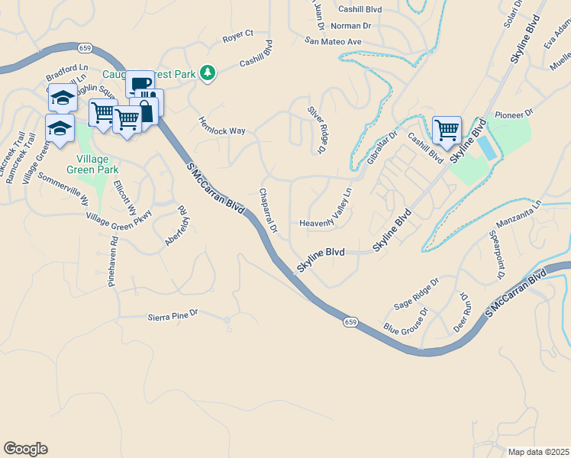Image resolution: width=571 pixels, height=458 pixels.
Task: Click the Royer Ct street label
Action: click(x=237, y=35)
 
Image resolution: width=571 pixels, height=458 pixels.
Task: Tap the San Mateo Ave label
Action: click(x=333, y=41)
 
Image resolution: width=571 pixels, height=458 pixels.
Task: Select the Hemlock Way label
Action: click(x=222, y=126)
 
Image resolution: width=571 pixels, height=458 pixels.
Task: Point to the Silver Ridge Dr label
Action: click(x=316, y=125)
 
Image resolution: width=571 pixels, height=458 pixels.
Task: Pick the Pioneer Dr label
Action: click(x=513, y=114)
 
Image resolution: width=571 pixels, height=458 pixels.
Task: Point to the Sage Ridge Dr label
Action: click(x=416, y=293)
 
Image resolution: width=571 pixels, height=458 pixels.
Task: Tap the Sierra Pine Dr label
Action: click(x=173, y=313)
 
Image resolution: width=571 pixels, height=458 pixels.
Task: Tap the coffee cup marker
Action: click(x=140, y=84)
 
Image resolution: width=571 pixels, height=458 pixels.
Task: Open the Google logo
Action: click(x=25, y=449)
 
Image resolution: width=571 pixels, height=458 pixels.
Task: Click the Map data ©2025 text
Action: click(x=537, y=452)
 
